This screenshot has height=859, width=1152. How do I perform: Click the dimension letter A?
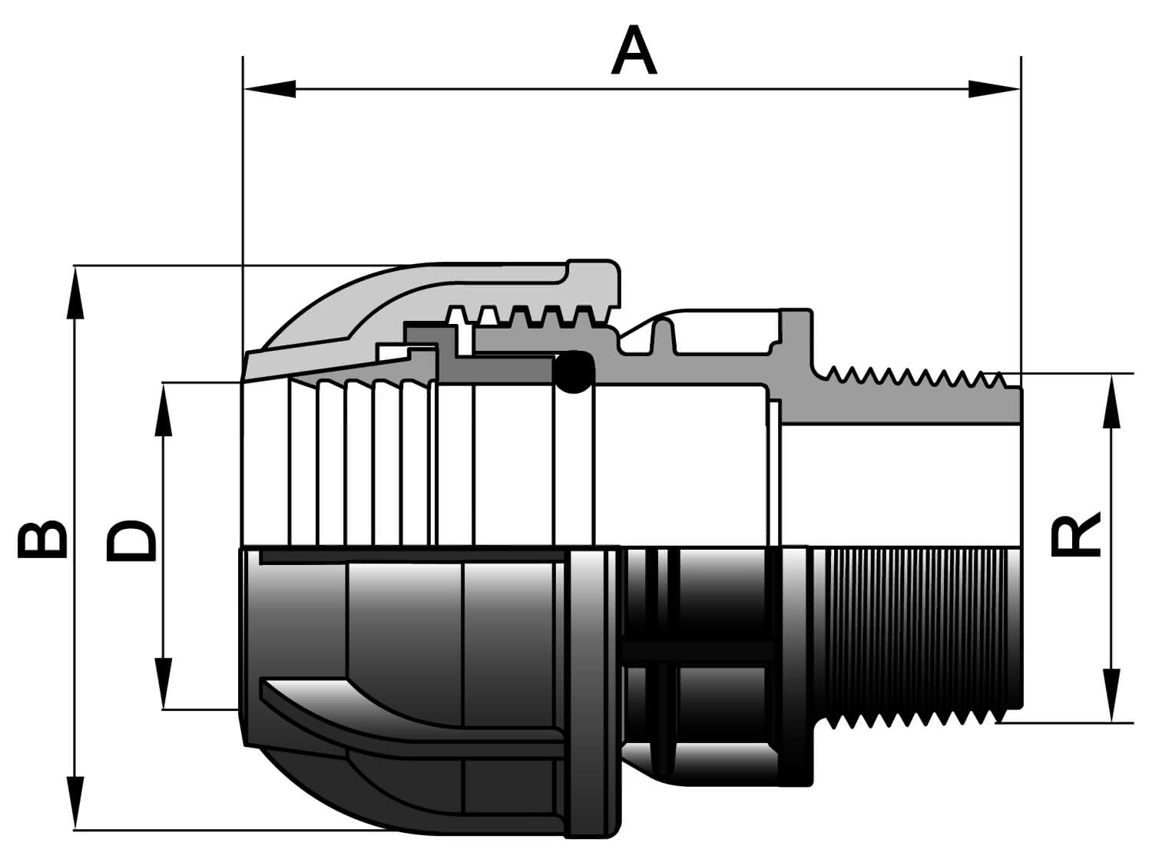click(634, 50)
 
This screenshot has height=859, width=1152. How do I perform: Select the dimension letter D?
click(131, 540)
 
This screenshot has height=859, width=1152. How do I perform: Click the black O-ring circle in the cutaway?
click(574, 372)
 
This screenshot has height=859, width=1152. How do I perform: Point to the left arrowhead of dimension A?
click(270, 89)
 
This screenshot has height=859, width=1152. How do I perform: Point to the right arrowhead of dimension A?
click(994, 89)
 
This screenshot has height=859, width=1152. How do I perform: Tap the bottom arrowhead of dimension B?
click(75, 802)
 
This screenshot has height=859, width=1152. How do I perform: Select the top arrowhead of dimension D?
click(164, 410)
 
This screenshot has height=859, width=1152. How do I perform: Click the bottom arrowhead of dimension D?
click(164, 683)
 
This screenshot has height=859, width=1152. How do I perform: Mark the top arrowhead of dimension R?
click(1111, 401)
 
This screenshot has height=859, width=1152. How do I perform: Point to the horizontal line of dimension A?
click(632, 89)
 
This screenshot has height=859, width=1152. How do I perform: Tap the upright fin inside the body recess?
click(664, 335)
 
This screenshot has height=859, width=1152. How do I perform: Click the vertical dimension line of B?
click(75, 547)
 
